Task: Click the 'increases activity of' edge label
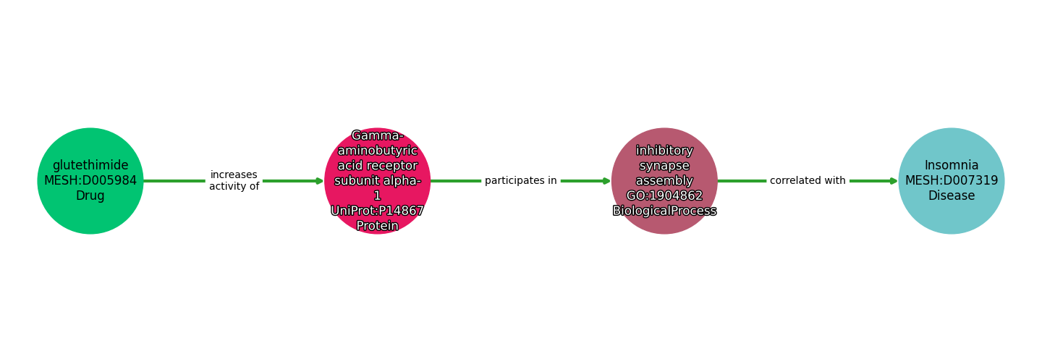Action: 234,181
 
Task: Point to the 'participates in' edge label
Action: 520,181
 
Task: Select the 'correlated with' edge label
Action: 808,181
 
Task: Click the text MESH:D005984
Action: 90,181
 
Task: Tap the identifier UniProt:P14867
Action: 377,211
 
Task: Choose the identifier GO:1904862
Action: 664,195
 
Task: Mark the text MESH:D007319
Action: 952,181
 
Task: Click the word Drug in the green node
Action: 90,196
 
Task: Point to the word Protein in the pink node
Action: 377,226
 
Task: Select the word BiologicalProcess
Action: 664,211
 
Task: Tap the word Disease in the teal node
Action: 952,196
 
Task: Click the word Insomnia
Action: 952,166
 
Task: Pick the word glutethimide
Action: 90,166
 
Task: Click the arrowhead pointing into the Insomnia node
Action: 894,181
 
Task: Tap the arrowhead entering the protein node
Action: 320,181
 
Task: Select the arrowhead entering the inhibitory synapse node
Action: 607,181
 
